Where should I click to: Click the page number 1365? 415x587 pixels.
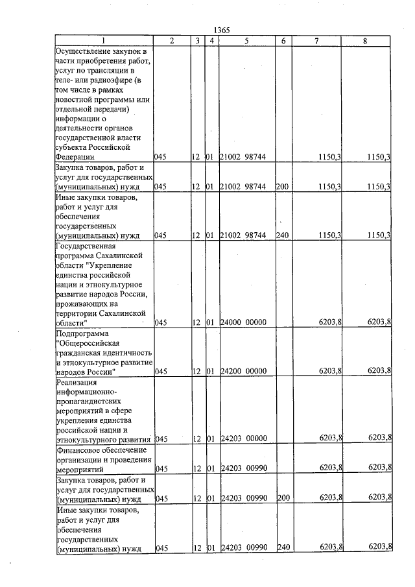click(222, 30)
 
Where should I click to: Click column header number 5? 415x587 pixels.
click(247, 41)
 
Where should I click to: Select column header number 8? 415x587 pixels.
click(366, 41)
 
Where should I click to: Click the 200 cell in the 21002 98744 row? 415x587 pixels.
click(282, 187)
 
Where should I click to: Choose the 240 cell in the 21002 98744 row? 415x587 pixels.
click(282, 235)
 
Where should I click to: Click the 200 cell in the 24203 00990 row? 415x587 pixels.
click(282, 499)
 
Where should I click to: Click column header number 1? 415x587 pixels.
click(104, 41)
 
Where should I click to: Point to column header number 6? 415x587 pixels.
click(283, 41)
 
